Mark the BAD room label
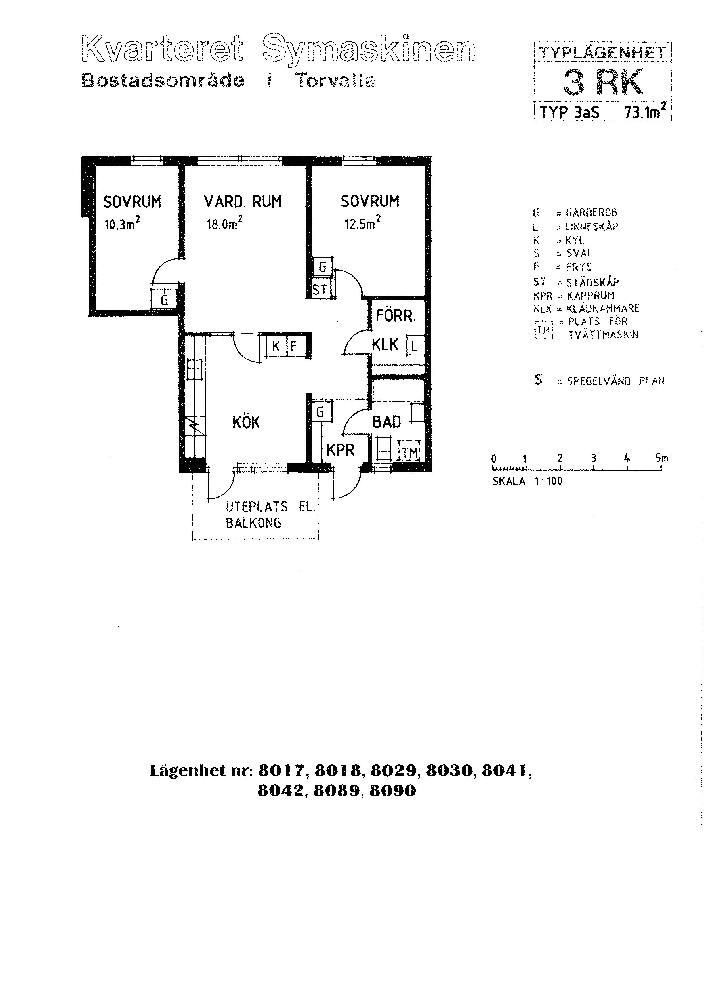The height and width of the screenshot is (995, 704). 387,422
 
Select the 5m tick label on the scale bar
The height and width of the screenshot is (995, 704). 662,458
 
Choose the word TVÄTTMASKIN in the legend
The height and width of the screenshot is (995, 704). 604,335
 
